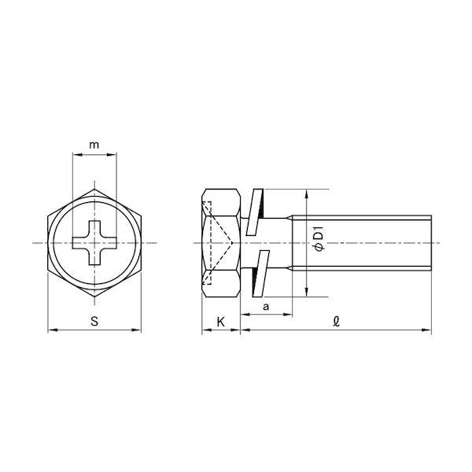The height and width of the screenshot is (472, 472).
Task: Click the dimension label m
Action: (x=94, y=145)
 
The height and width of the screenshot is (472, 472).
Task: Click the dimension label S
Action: (x=94, y=321)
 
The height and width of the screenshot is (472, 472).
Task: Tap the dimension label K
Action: (x=220, y=322)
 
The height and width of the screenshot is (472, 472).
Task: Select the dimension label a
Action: (x=266, y=307)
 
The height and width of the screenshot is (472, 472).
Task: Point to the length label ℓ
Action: (x=336, y=322)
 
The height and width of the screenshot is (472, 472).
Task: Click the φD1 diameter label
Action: (x=318, y=238)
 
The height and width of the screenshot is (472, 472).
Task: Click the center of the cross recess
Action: (x=94, y=243)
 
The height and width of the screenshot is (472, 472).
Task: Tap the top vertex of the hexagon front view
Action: (x=94, y=190)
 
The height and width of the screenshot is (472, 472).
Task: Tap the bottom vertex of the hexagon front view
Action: (x=94, y=297)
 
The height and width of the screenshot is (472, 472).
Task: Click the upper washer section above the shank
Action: (x=255, y=212)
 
